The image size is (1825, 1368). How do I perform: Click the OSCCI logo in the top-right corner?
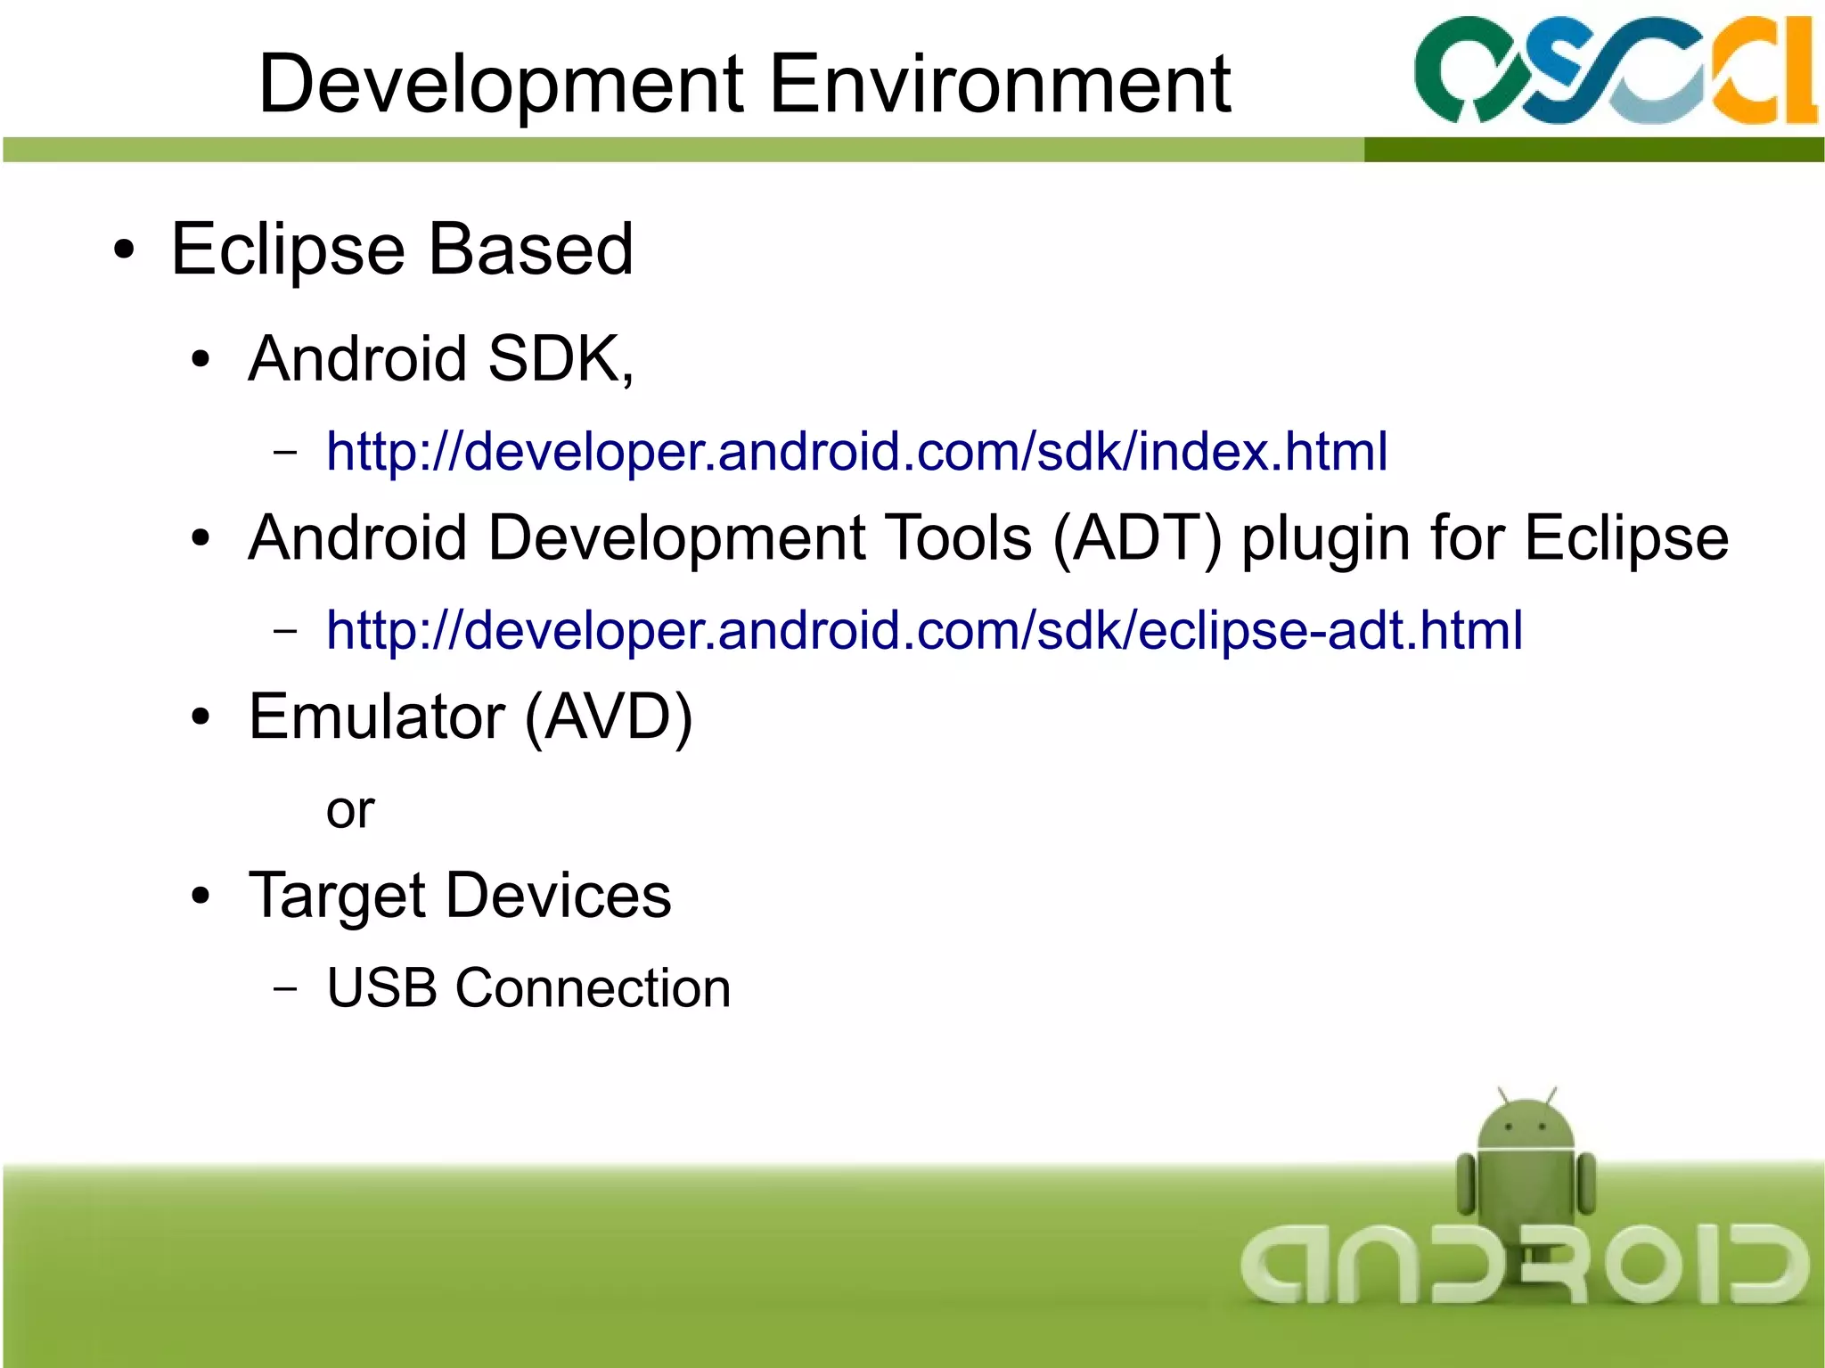pos(1613,71)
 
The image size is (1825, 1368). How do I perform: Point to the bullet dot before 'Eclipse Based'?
pos(125,250)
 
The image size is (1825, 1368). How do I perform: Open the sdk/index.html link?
pos(856,451)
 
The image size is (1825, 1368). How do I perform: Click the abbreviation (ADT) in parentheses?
pos(1137,538)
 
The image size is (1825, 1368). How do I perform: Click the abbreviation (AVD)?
pos(608,718)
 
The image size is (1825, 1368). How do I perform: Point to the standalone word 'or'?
pos(349,811)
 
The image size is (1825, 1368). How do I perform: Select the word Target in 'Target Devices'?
pos(337,897)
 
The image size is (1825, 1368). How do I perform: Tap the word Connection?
pos(593,988)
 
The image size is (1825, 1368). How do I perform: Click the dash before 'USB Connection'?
pos(285,988)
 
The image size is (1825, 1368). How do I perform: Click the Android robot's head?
pos(1526,1125)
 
